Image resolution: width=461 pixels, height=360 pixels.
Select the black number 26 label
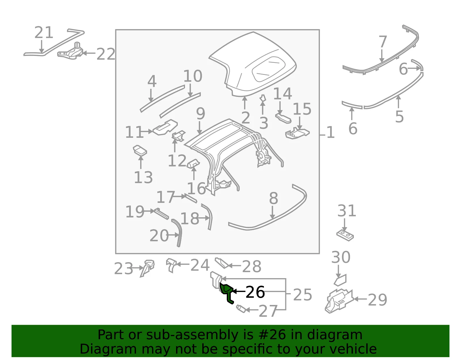(x=255, y=292)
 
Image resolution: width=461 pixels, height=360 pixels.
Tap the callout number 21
(x=44, y=33)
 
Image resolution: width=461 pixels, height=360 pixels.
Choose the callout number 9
(x=201, y=113)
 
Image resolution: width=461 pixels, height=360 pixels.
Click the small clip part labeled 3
(x=263, y=98)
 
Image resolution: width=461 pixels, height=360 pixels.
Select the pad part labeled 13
(x=140, y=150)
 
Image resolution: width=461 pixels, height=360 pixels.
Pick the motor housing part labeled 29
(x=339, y=301)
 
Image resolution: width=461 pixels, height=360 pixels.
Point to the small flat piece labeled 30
(x=340, y=280)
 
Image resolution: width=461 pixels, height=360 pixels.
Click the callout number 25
(x=303, y=295)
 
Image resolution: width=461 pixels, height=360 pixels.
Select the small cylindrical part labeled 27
(x=241, y=308)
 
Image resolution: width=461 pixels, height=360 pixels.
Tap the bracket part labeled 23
(x=147, y=268)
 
